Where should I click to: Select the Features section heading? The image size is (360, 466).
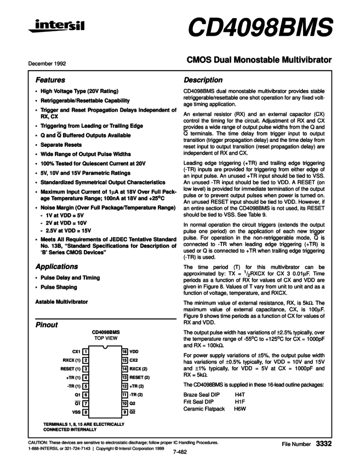click(x=50, y=80)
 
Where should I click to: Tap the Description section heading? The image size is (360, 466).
click(x=203, y=80)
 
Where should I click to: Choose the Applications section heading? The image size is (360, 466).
click(x=56, y=266)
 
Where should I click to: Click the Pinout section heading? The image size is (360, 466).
click(x=47, y=325)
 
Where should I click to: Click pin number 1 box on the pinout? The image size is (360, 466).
click(x=86, y=351)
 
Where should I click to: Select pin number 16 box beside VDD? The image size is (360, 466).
click(x=125, y=351)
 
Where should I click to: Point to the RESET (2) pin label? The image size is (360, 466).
click(x=140, y=377)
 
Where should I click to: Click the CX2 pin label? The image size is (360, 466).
click(x=135, y=360)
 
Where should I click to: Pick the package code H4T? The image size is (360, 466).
click(x=239, y=394)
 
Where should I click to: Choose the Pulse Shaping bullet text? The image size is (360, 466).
click(x=59, y=287)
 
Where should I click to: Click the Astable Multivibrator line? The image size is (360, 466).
click(x=61, y=302)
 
